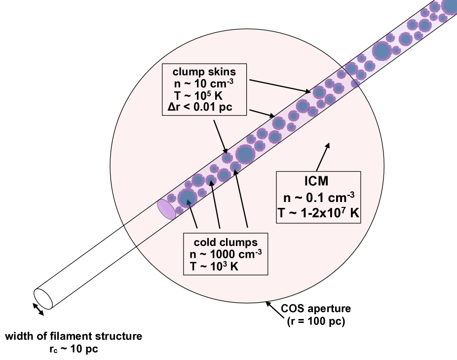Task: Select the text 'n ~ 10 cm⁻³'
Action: click(x=203, y=83)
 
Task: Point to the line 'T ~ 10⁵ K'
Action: click(x=203, y=95)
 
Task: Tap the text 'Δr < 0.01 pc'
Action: click(x=203, y=107)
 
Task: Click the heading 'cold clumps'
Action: click(x=225, y=242)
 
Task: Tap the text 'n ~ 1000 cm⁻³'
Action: click(x=225, y=254)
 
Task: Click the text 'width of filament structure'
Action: click(x=74, y=337)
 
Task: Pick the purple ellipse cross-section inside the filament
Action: click(x=166, y=209)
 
